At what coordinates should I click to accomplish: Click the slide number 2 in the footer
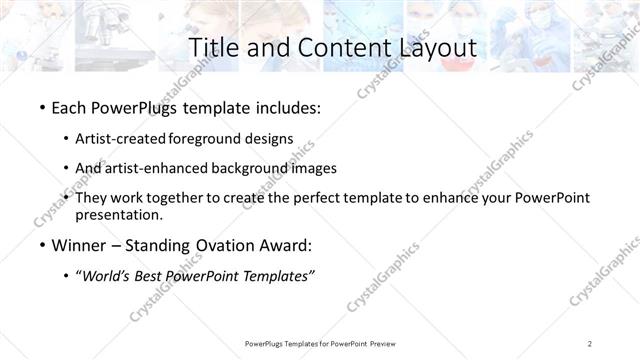tap(591, 343)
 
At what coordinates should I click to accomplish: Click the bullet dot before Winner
tap(41, 245)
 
